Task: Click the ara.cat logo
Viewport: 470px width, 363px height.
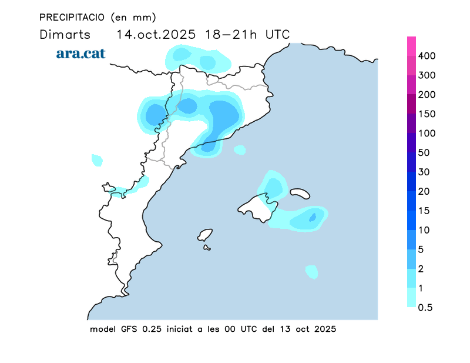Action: pos(80,54)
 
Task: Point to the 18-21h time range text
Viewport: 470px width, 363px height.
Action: pos(231,34)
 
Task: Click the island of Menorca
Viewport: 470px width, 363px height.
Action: pos(300,193)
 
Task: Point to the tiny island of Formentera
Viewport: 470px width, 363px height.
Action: pos(207,248)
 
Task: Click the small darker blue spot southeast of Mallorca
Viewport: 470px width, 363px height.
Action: pos(313,217)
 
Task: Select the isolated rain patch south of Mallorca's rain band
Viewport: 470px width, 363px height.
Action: pos(312,272)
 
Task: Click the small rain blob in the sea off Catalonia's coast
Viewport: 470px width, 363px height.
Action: pos(239,150)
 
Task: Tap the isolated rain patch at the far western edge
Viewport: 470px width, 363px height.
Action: pos(97,159)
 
